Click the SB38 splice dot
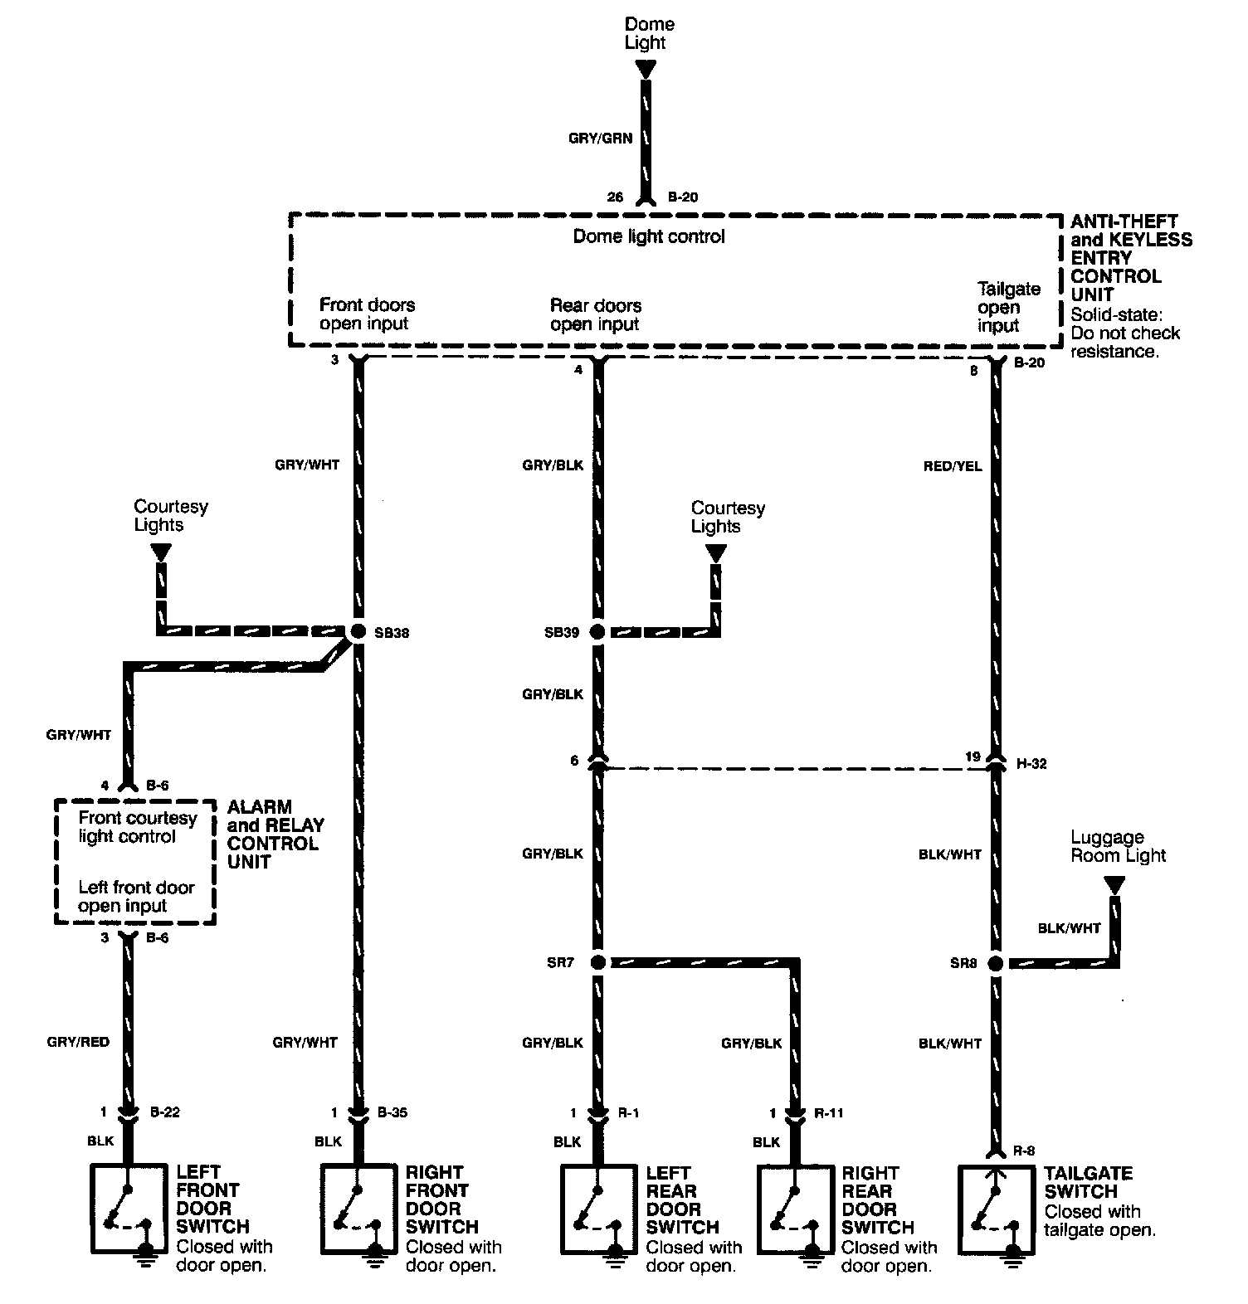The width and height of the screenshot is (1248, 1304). click(x=358, y=631)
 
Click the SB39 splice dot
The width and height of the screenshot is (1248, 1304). click(x=597, y=631)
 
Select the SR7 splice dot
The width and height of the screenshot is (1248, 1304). click(x=597, y=962)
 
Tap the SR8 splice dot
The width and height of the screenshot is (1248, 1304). click(x=995, y=963)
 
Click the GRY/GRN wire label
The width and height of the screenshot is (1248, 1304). click(x=600, y=139)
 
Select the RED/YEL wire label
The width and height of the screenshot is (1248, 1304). click(x=952, y=466)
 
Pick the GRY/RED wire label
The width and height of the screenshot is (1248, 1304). click(x=78, y=1042)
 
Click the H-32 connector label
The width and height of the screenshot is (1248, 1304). click(x=1031, y=763)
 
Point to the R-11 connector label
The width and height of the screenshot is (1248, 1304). click(x=829, y=1113)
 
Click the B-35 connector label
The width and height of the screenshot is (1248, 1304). click(x=392, y=1112)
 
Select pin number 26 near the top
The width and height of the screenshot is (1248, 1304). click(x=614, y=197)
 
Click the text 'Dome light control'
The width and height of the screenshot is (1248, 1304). click(x=649, y=236)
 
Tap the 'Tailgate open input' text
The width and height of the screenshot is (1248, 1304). click(x=1008, y=307)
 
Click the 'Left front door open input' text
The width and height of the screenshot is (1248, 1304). click(x=136, y=896)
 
